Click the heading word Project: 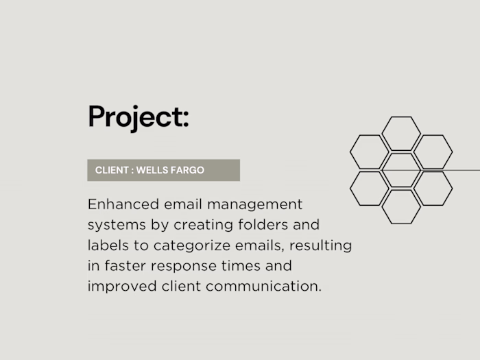point(138,117)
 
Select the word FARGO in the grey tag point(189,170)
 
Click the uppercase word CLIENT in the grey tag point(112,170)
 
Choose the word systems point(113,225)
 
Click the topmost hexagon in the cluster point(401,133)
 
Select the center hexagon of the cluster point(401,170)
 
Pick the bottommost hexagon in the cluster point(401,206)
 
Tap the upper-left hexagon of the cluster point(370,152)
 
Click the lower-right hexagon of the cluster point(433,189)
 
